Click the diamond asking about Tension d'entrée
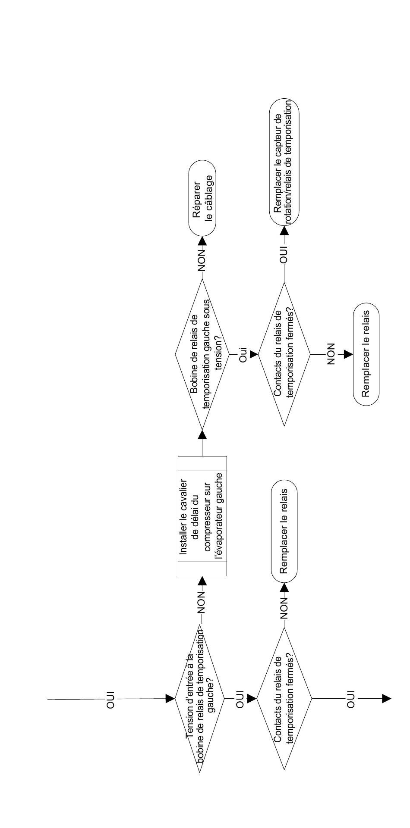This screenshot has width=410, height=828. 200,699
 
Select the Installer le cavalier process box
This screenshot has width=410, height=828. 202,516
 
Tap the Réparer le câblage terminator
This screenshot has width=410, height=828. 202,198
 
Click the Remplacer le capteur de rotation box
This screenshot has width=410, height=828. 284,162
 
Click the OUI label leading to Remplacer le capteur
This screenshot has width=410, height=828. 284,254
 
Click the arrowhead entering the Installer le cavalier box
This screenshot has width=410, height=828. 202,581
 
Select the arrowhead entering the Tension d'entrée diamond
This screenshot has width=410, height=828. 170,699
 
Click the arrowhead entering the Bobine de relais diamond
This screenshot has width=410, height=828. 202,434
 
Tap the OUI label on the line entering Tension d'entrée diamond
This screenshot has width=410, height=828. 111,699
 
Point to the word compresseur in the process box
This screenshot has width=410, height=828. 208,516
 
